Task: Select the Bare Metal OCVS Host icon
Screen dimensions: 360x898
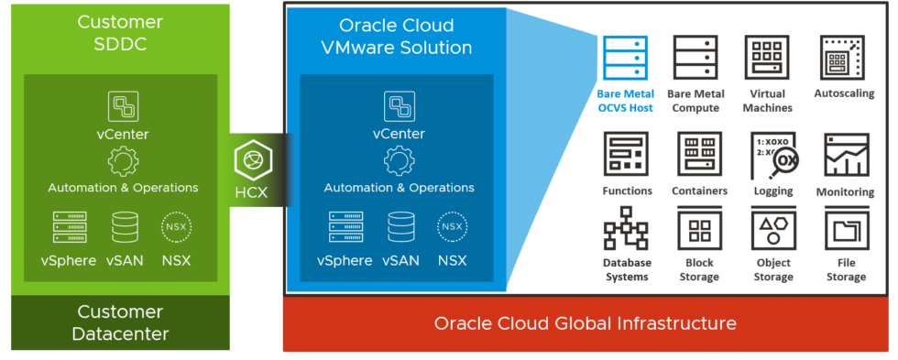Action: coord(625,59)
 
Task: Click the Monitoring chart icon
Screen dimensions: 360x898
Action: coord(846,156)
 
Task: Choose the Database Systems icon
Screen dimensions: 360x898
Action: coord(627,229)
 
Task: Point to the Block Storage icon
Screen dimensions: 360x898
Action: coord(699,229)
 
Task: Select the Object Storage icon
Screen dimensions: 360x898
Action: coord(772,229)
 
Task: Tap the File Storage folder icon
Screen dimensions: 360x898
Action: coord(845,229)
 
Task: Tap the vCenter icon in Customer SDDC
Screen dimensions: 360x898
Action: coord(123,107)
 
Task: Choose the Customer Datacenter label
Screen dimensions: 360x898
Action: coord(121,322)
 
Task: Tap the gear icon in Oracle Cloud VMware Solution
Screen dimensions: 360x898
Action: coord(399,162)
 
